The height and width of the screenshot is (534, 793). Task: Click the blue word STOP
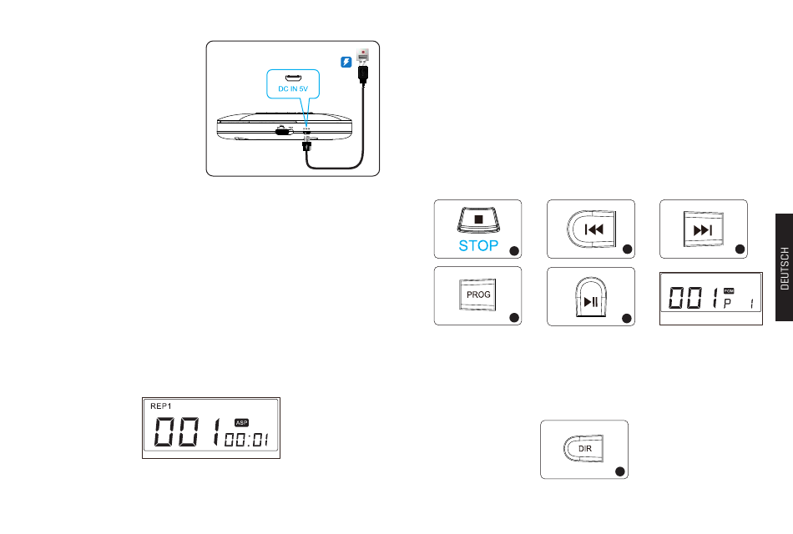point(478,246)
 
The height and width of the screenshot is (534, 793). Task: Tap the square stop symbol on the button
point(479,220)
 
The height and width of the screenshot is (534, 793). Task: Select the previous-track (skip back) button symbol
point(592,228)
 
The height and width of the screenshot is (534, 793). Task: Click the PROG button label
point(478,295)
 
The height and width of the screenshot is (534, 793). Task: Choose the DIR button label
point(584,448)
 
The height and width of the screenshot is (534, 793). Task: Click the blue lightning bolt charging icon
point(346,61)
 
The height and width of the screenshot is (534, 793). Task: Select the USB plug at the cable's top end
point(363,74)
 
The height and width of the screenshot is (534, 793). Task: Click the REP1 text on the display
point(160,405)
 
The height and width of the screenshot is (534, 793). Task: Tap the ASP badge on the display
point(242,422)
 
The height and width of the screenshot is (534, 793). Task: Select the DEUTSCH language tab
point(785,268)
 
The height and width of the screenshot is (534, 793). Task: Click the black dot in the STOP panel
point(514,249)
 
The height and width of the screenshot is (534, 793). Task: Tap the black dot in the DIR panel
point(620,471)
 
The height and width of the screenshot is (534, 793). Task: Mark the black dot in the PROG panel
point(514,317)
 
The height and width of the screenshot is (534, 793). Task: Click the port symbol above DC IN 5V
point(294,77)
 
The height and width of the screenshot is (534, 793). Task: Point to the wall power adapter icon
point(362,55)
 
